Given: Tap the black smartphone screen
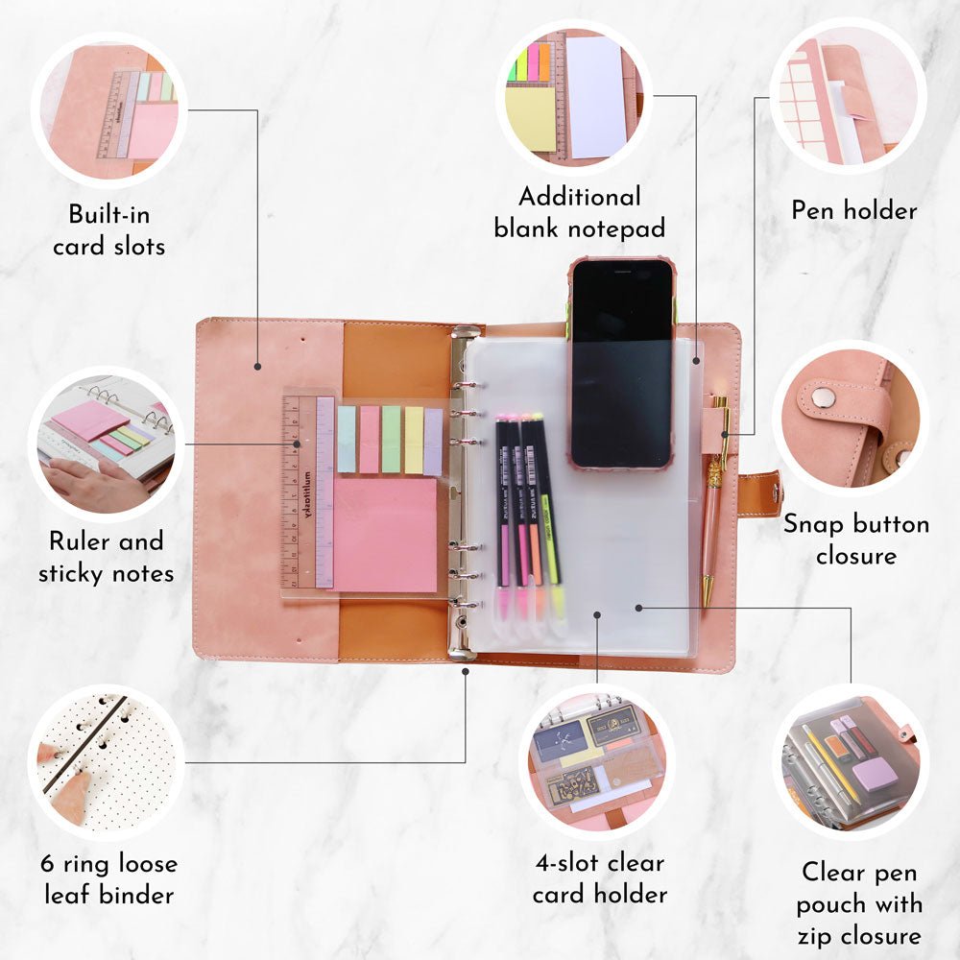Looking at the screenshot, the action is (x=621, y=363).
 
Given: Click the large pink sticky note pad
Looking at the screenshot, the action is (x=385, y=535).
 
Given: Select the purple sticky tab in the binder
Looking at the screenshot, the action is (x=433, y=441).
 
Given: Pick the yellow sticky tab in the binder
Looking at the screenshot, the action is (x=413, y=440).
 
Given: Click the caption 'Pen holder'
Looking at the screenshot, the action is (x=854, y=210).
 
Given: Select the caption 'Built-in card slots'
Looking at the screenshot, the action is (x=109, y=230).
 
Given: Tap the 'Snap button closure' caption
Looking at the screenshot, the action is (x=856, y=540).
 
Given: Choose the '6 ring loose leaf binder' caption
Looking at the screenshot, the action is (x=109, y=879).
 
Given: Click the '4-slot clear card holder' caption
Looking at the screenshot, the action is (x=599, y=878).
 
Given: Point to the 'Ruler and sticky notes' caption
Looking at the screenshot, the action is (x=106, y=557).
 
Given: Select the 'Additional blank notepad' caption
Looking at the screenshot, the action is (x=579, y=212).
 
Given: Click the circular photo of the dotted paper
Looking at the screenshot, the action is (x=106, y=761).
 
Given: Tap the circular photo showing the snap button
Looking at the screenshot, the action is (x=851, y=418).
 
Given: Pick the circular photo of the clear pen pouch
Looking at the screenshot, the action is (x=851, y=761).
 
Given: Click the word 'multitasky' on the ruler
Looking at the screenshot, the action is (x=307, y=497).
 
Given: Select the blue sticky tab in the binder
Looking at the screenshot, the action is (x=347, y=439).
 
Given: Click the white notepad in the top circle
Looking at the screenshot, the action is (x=596, y=97).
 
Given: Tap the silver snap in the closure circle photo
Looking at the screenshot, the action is (x=824, y=397).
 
